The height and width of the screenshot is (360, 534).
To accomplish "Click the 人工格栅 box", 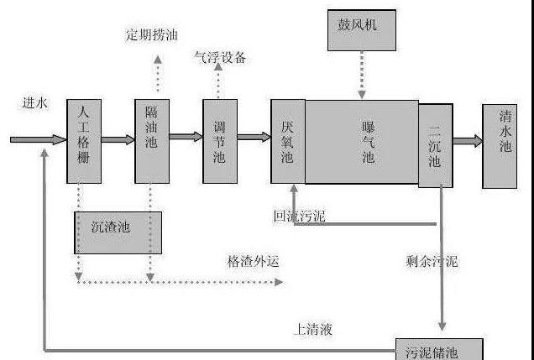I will [x=84, y=141].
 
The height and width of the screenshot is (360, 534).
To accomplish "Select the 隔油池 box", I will [x=152, y=141].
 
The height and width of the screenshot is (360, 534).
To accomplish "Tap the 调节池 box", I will [x=219, y=141].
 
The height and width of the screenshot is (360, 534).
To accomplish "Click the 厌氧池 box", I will [x=287, y=141].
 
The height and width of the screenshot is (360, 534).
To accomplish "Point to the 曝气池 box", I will [x=362, y=141].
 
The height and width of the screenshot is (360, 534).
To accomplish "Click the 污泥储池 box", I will [x=439, y=349].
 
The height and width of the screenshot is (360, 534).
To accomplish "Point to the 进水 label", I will [x=35, y=103].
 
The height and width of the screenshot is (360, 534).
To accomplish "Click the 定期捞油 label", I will [x=153, y=35].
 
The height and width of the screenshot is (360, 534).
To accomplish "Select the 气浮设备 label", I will [x=220, y=58].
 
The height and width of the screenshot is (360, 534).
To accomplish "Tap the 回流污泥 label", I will [x=299, y=217].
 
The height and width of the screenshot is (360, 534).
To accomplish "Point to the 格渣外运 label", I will [x=252, y=261].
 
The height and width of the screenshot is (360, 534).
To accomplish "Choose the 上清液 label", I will [x=313, y=329].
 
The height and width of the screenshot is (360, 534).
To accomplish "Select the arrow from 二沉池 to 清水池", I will [x=468, y=142].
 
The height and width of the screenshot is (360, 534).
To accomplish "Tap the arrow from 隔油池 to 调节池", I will [x=186, y=137].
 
